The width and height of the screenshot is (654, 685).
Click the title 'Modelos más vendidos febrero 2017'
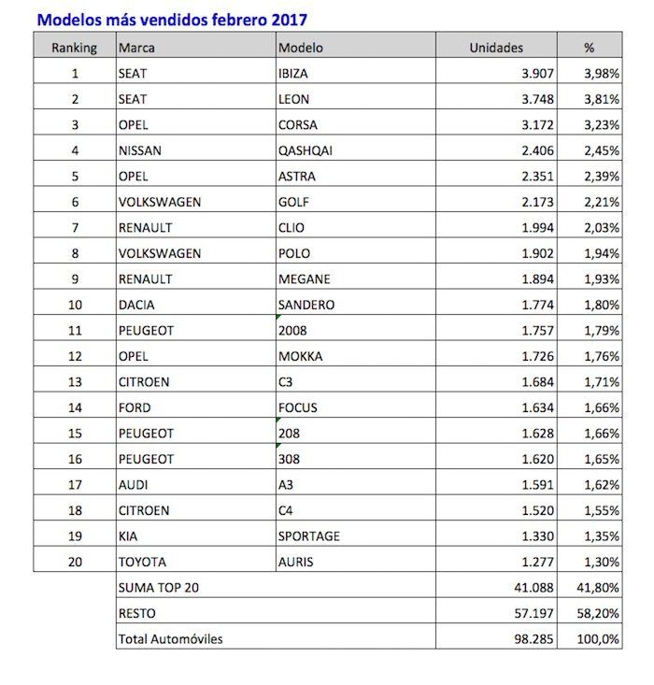point(171,19)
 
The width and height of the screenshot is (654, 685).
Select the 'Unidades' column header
point(495,47)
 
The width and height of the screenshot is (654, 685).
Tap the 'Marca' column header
point(135,47)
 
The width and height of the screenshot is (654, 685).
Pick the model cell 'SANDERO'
point(306,305)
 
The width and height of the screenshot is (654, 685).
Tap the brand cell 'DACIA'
point(137,305)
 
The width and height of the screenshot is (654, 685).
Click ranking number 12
point(75,356)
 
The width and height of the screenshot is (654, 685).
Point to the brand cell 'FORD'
point(135,407)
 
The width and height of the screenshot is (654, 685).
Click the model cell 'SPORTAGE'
point(309,536)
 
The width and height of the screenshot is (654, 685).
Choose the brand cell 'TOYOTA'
point(142,563)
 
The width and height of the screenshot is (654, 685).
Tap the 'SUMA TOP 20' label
point(157,587)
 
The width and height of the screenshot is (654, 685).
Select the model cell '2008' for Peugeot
point(292,331)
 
